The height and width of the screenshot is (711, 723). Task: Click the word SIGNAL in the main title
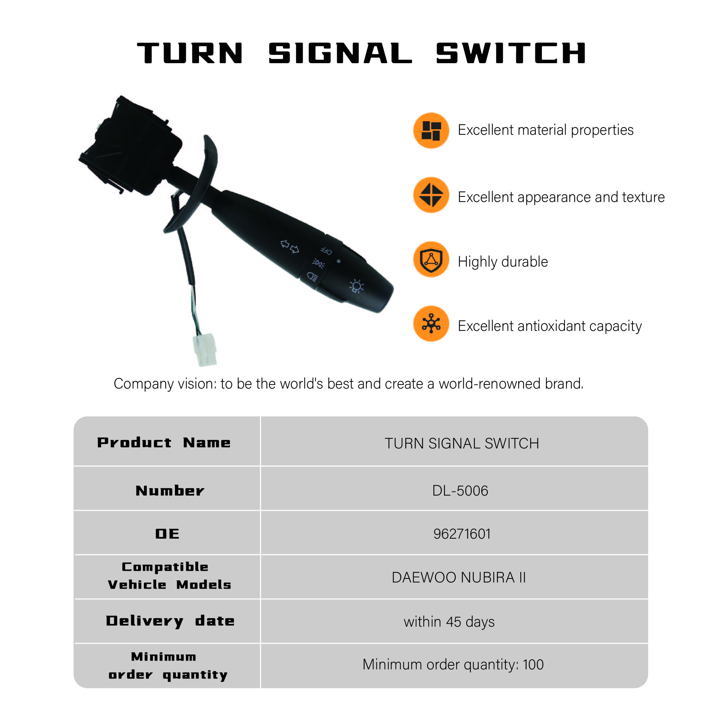pos(340,53)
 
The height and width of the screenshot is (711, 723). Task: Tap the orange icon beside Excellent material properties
pos(431,130)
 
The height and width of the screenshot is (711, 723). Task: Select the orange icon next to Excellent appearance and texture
pos(431,195)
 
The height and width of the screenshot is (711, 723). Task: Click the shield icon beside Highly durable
pos(431,260)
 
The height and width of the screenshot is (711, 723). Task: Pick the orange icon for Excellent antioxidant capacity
pos(431,324)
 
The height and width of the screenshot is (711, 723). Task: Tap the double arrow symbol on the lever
pos(290,246)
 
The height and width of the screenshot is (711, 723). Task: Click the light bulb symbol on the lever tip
pos(356,286)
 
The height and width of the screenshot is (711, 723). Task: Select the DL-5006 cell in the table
pos(460,491)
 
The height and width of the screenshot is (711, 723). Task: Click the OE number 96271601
pos(462,534)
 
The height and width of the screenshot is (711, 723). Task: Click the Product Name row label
pos(164,443)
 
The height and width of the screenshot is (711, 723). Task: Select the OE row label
pos(167,534)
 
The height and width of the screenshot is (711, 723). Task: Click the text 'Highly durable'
pos(503,262)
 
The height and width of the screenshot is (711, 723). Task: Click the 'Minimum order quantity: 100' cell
pos(453,665)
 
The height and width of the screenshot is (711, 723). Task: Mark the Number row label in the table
pos(170,491)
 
